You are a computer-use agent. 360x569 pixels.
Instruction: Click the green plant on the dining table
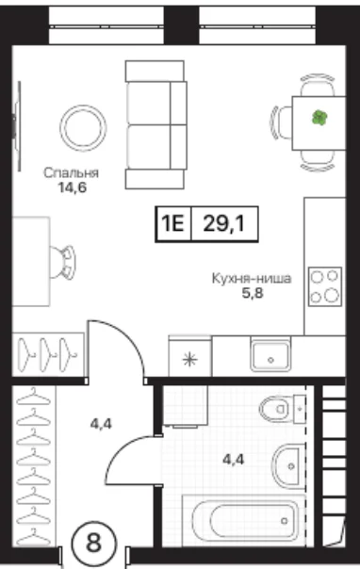[319, 118]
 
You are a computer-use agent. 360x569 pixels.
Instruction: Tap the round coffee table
[83, 128]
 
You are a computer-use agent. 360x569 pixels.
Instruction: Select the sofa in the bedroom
[156, 125]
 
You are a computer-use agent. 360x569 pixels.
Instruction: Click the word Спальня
[71, 172]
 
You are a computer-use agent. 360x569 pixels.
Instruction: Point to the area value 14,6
[73, 187]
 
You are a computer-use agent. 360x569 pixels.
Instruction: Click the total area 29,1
[224, 223]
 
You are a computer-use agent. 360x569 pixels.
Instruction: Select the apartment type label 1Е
[172, 223]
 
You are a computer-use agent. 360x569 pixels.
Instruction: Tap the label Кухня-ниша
[252, 279]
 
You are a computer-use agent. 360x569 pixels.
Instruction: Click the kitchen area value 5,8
[253, 293]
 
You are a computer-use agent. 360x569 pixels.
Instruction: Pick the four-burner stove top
[325, 286]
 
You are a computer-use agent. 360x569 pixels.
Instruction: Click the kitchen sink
[270, 356]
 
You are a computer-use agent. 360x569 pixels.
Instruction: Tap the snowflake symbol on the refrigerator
[189, 360]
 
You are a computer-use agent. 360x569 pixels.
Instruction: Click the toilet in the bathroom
[282, 409]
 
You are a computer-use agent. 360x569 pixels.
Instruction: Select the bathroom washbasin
[287, 466]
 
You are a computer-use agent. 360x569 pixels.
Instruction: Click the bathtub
[244, 521]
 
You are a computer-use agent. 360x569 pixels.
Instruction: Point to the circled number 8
[94, 544]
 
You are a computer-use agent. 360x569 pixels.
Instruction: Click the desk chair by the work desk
[63, 262]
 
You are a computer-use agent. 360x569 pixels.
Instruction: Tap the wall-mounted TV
[17, 126]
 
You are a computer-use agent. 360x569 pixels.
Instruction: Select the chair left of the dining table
[282, 123]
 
